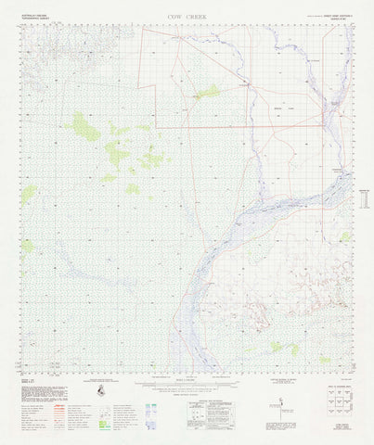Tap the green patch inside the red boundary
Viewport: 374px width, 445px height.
tap(207, 92)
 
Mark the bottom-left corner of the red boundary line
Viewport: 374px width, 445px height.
tap(156, 126)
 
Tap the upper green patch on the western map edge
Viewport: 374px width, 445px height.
tap(29, 193)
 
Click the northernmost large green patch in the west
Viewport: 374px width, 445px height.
tap(85, 127)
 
